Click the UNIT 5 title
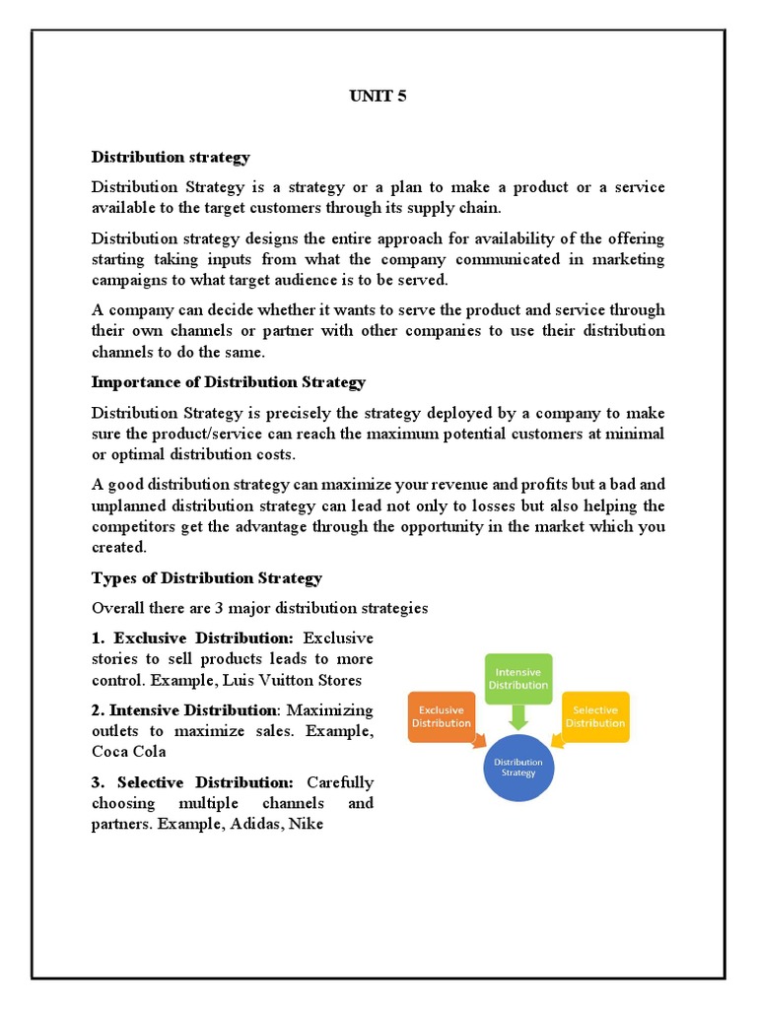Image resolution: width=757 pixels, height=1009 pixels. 378,96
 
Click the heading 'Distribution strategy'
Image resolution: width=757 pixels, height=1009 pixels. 171,157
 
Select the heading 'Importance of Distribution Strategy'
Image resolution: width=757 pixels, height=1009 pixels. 229,382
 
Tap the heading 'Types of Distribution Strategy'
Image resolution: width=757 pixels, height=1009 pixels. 207,577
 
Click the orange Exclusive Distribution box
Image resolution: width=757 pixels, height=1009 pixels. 441,716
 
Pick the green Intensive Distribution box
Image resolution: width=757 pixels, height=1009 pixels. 518,678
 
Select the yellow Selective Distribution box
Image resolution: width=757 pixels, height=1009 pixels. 594,716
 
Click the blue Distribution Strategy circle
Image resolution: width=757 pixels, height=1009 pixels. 518,767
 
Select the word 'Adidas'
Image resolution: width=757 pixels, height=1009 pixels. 255,824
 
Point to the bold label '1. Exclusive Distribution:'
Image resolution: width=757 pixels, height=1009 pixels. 192,639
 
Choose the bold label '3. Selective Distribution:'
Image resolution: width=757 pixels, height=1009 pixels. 192,782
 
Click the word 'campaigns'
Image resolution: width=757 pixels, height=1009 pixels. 128,280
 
